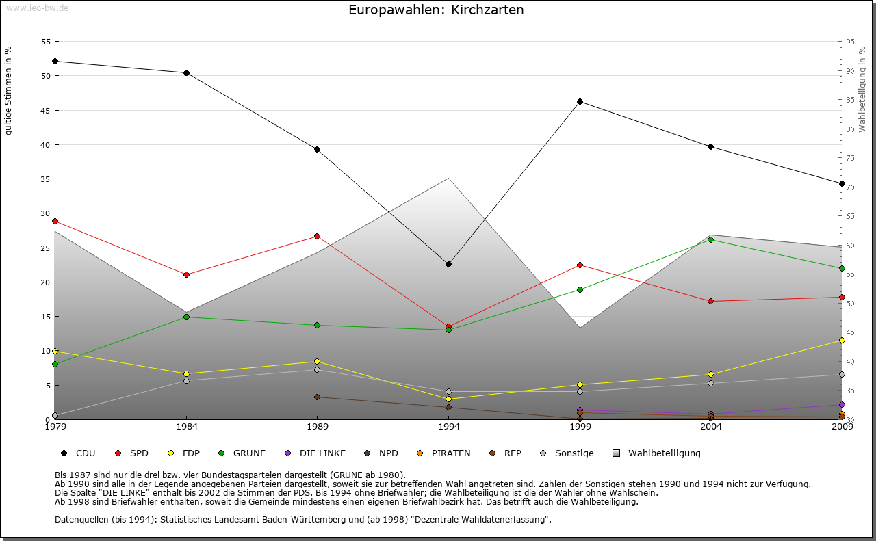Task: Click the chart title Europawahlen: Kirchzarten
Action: tap(436, 10)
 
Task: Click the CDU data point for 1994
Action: tap(448, 264)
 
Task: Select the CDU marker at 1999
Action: tap(580, 101)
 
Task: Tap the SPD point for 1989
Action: tap(317, 236)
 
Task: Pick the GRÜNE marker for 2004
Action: tap(711, 239)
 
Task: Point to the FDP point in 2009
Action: tap(842, 340)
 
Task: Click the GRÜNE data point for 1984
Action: tap(186, 317)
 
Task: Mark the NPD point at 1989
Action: tap(317, 397)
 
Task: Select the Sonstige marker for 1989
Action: tap(317, 369)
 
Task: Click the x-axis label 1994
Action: tap(448, 427)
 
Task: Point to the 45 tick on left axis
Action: tap(46, 110)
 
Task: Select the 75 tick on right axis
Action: tap(850, 158)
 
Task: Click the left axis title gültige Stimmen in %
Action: tap(8, 90)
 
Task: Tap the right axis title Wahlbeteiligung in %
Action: tap(862, 89)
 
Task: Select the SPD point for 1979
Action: tap(55, 221)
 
